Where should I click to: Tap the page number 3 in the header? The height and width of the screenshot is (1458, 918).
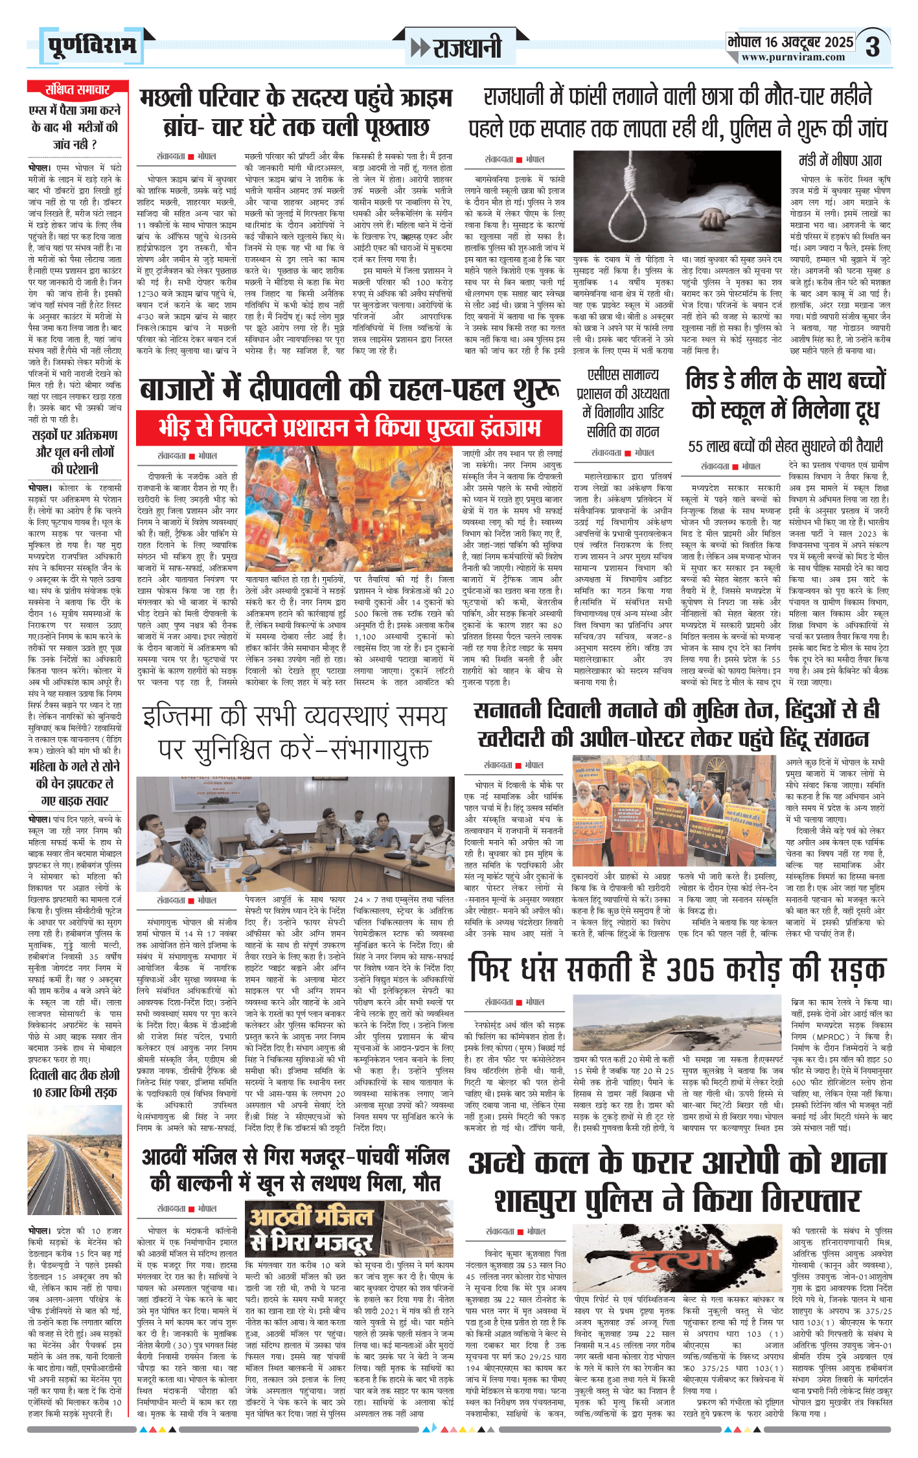(873, 47)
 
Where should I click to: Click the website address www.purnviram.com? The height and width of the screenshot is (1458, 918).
(793, 58)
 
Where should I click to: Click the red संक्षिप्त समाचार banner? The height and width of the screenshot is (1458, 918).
(77, 90)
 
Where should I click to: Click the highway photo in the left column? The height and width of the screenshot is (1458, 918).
(75, 1165)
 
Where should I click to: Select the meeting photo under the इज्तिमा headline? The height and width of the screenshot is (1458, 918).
(295, 832)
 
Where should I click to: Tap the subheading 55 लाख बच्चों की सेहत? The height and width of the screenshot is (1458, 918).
(785, 446)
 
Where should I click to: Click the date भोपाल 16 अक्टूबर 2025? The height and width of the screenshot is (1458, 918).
(790, 42)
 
